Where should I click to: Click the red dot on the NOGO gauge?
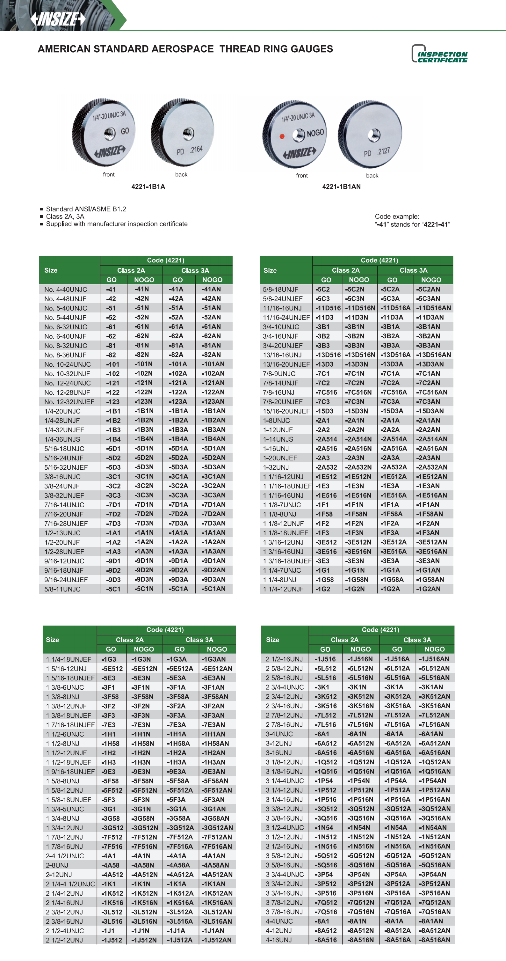coord(282,136)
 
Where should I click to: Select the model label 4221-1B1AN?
coord(341,187)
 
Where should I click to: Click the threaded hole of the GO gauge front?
coord(110,133)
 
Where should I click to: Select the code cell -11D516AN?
coord(433,308)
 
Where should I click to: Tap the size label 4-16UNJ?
coord(278,940)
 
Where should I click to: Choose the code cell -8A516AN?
coord(434,940)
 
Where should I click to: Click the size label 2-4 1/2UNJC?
coord(65,856)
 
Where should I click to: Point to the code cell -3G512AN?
coord(217,828)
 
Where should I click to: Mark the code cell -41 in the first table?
coord(111,289)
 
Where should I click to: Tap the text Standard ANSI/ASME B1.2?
coord(86,209)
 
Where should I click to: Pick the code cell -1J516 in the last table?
coord(325,659)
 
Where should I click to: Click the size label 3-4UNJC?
coord(279,734)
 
